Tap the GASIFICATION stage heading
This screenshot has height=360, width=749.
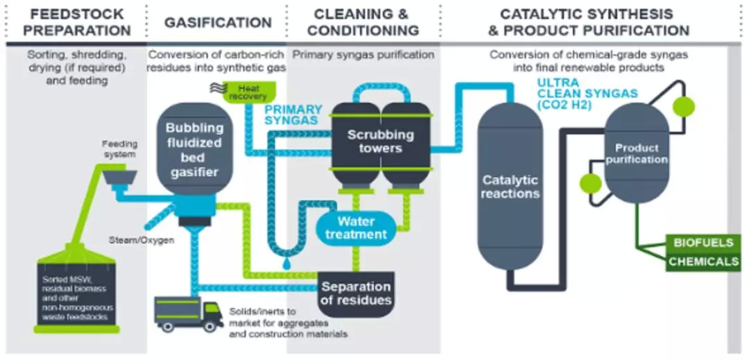[218, 22]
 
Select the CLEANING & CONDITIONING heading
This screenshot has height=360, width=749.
[363, 22]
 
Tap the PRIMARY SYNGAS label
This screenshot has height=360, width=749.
[293, 114]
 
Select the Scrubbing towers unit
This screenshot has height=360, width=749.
[380, 142]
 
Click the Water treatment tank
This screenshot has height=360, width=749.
[356, 228]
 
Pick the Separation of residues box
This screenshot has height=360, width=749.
[356, 293]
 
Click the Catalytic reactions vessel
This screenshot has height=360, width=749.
[510, 187]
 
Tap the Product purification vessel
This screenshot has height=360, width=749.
[637, 154]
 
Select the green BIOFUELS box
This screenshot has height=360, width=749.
[701, 243]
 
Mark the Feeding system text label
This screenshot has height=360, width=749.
[121, 149]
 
